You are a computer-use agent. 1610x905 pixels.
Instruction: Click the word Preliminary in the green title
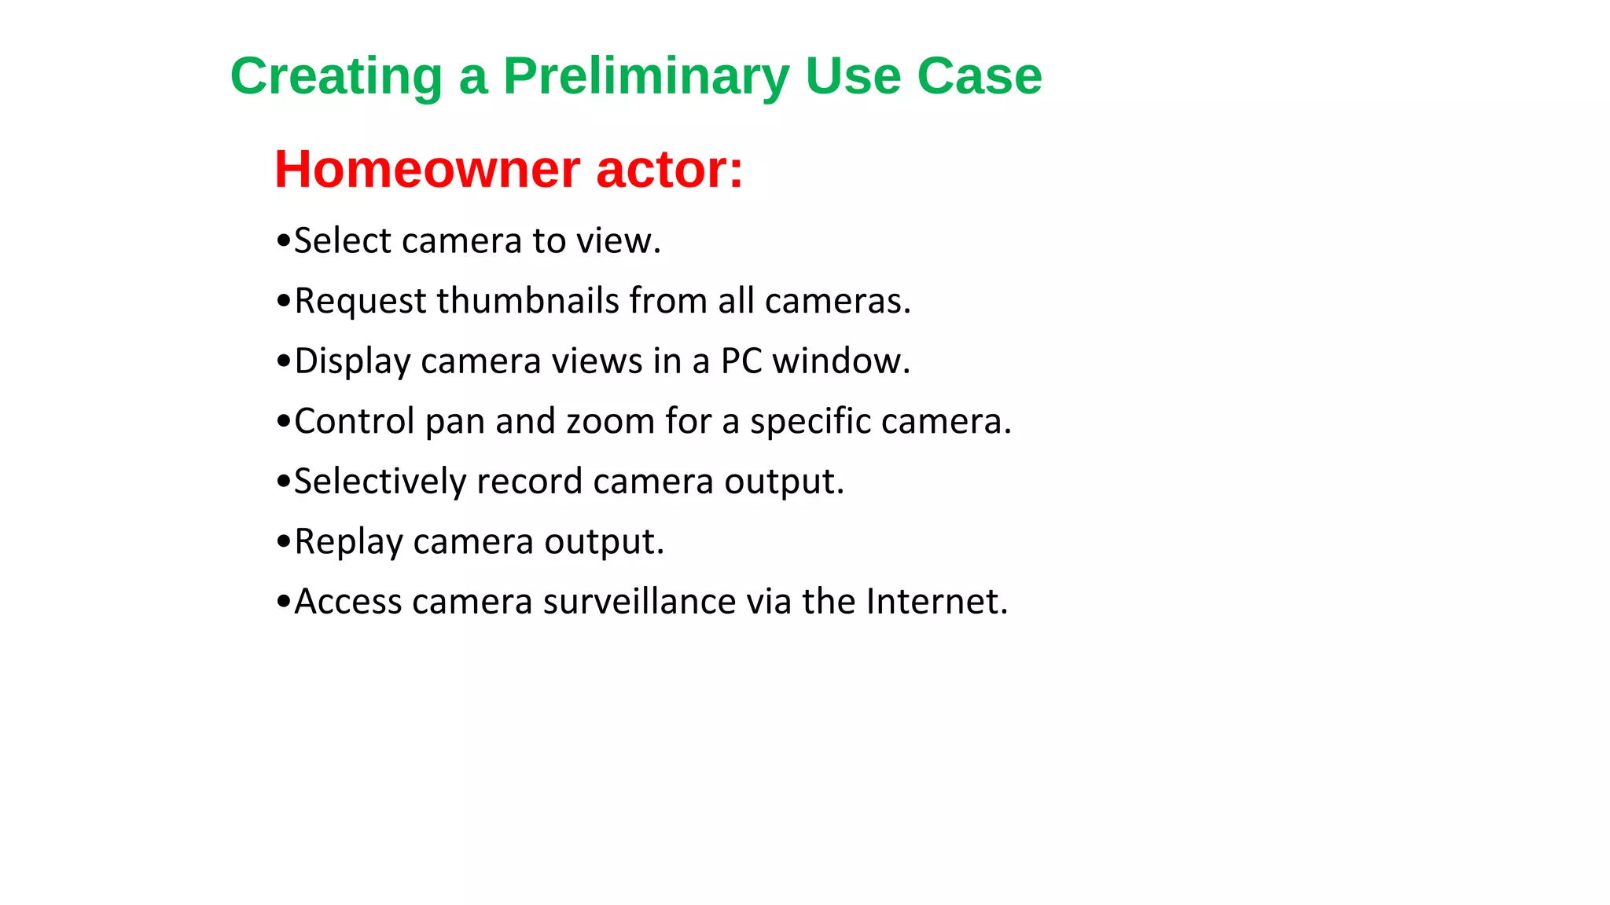pos(646,77)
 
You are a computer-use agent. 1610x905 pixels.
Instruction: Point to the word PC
pos(741,361)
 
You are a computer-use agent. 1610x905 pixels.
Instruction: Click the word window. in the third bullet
pos(841,361)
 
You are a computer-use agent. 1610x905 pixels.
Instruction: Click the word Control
pos(354,422)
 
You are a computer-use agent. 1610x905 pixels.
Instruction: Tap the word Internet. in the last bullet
pos(936,602)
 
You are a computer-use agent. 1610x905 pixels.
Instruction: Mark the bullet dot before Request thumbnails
pos(284,302)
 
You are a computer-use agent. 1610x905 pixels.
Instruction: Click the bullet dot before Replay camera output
pos(284,542)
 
